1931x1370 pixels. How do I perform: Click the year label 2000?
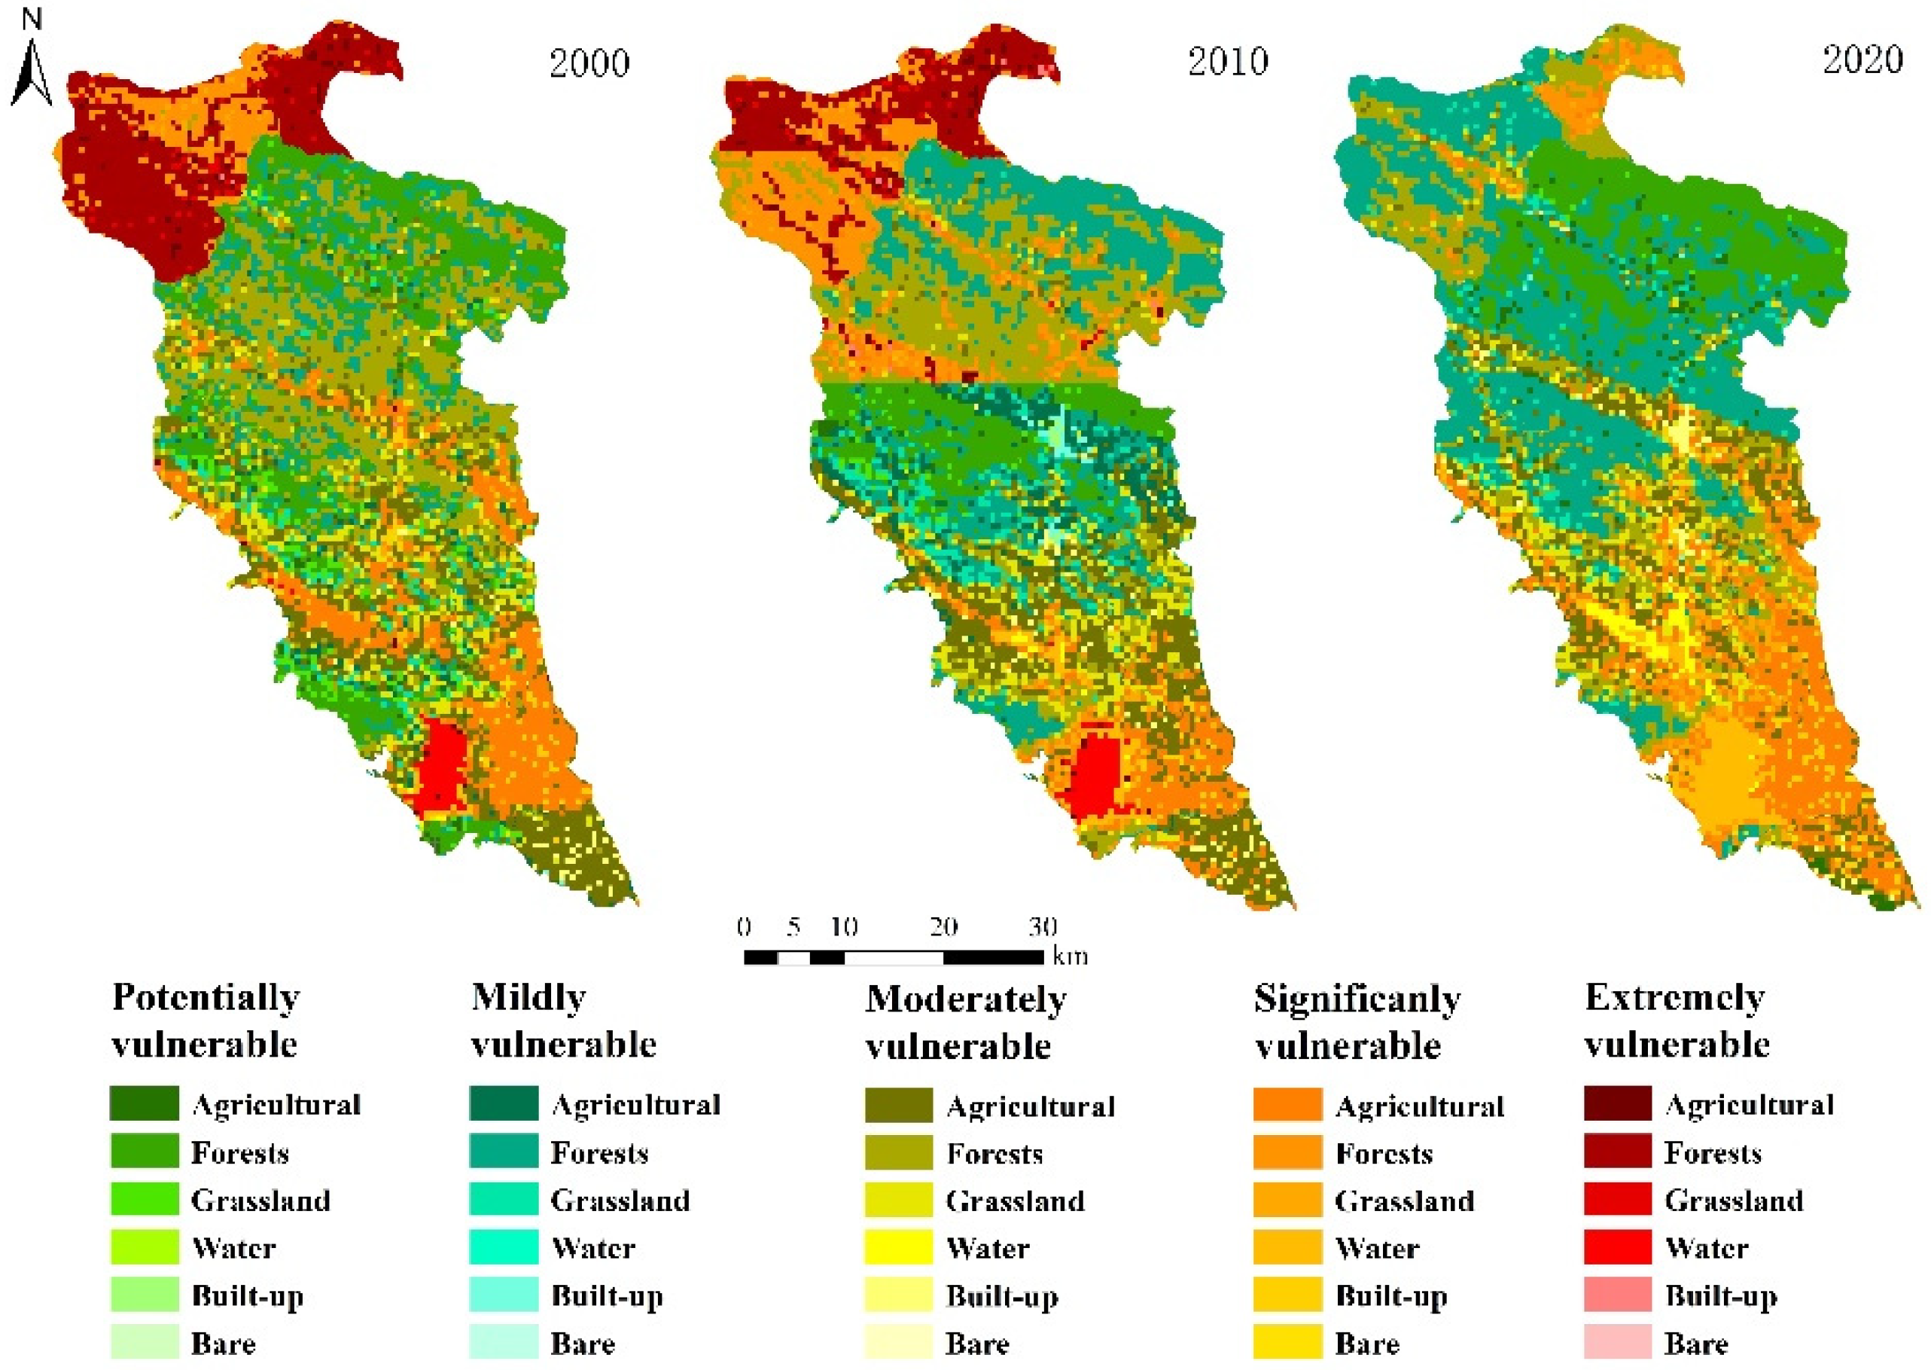point(589,63)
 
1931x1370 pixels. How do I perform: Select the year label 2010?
point(1228,62)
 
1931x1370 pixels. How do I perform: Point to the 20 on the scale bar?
point(943,927)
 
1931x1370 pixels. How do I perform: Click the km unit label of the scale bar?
point(1070,957)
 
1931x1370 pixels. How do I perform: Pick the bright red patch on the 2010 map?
point(1094,774)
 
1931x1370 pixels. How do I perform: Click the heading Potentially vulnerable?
point(205,1021)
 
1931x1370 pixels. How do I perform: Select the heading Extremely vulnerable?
point(1677,1021)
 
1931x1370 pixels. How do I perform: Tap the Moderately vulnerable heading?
point(965,1023)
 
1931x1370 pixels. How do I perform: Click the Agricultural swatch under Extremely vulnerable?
point(1616,1104)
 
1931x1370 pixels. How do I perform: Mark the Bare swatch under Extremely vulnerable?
point(1616,1342)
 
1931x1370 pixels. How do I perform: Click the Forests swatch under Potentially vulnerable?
point(145,1152)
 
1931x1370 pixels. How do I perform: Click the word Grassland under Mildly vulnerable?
point(620,1201)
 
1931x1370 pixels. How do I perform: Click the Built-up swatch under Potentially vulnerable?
point(145,1295)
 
